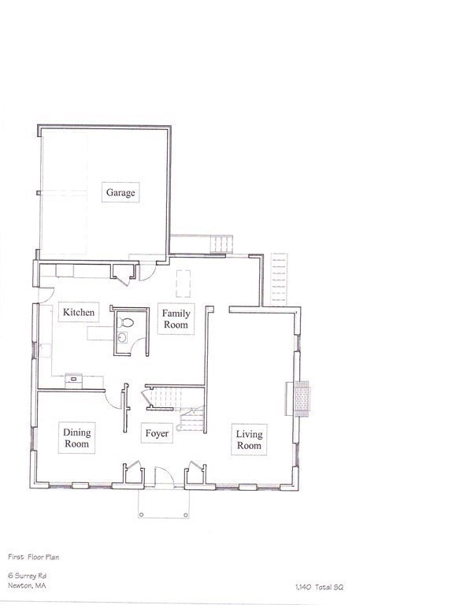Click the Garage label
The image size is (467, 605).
[x=121, y=192]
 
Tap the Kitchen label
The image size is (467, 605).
[x=79, y=313]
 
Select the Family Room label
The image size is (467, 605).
[x=176, y=319]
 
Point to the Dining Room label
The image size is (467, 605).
[x=77, y=438]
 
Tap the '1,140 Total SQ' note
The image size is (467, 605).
[x=319, y=587]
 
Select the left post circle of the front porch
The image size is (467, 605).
[x=141, y=516]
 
